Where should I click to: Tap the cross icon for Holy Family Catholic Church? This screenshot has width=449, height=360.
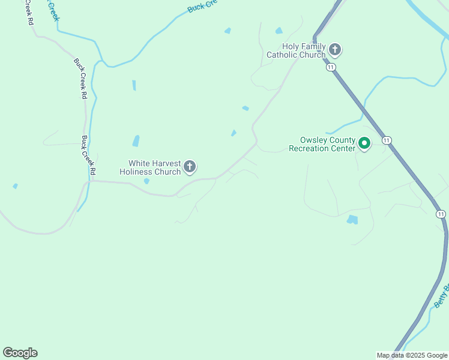point(335,49)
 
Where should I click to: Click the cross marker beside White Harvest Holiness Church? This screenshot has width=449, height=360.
point(190,167)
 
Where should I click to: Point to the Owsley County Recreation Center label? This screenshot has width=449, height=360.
point(322,144)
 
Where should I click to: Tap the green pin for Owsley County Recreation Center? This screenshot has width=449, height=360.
point(364,143)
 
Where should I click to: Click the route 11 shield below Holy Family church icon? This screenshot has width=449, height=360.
point(331,67)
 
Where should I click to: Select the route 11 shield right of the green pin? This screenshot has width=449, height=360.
point(387,140)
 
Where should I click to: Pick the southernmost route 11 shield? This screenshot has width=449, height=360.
point(441,214)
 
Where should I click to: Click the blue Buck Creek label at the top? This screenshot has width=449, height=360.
point(200,7)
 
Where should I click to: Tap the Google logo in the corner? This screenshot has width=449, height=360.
point(20,353)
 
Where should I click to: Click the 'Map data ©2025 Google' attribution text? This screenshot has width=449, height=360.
point(412,356)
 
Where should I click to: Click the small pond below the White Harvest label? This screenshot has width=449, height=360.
point(146,181)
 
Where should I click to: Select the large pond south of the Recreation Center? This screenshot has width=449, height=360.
point(352,220)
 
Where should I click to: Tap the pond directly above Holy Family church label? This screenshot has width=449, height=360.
point(279,31)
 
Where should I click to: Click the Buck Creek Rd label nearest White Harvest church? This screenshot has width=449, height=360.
point(88,155)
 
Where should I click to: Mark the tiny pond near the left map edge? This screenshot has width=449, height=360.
point(15,187)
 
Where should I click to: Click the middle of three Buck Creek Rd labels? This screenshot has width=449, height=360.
point(80,78)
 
